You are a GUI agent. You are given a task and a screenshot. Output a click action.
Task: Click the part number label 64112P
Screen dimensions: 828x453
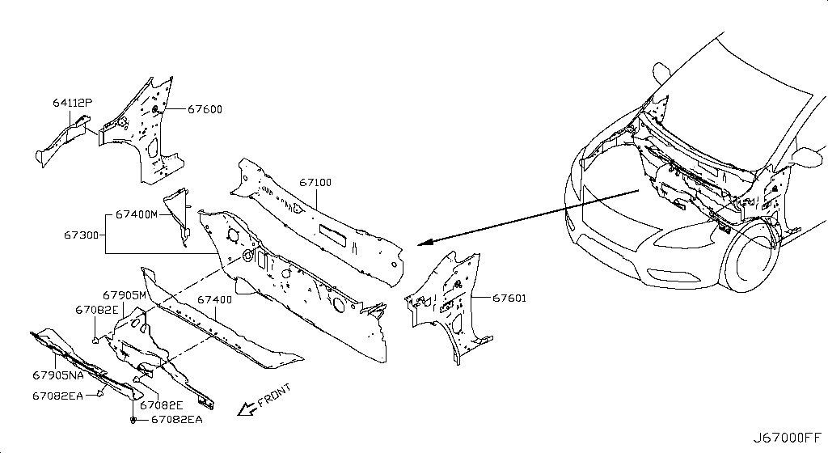click(x=72, y=103)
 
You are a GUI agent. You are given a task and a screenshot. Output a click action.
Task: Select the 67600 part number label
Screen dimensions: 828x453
click(x=205, y=109)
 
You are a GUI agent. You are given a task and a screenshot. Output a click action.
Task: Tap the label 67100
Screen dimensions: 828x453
click(x=315, y=182)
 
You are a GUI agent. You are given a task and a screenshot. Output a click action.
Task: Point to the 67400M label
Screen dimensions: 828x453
click(x=136, y=214)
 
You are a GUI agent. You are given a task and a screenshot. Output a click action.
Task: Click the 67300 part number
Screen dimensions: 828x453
click(x=82, y=235)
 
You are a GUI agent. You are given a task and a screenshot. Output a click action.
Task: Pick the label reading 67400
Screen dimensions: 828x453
click(x=214, y=300)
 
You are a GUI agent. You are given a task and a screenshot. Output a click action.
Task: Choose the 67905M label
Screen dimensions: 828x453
click(x=124, y=295)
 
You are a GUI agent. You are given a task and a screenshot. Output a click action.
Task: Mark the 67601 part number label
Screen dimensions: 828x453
click(x=509, y=298)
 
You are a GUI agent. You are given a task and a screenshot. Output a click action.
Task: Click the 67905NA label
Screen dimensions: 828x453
click(x=58, y=375)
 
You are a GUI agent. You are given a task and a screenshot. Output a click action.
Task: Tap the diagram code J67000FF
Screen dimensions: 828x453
click(x=788, y=438)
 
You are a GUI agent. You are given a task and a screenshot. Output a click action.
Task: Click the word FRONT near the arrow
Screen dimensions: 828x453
click(x=275, y=396)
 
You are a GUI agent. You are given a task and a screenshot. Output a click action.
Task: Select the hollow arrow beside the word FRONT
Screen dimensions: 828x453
click(x=246, y=409)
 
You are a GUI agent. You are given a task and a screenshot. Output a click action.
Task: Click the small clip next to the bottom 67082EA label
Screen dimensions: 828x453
click(x=133, y=420)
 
